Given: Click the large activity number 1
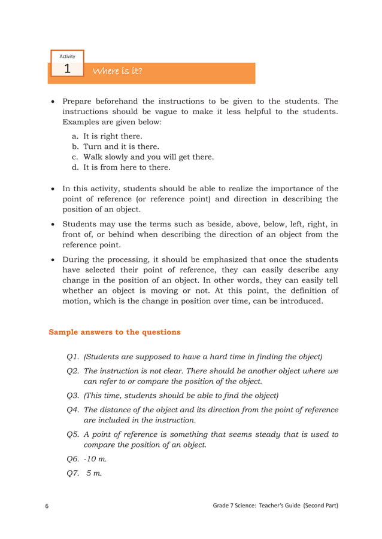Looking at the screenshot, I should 67,69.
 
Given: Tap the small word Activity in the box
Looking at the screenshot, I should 67,56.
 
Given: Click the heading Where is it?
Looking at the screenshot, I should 117,72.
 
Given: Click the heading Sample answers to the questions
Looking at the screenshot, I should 114,332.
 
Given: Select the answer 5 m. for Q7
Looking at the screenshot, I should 94,473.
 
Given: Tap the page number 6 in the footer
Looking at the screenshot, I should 47,507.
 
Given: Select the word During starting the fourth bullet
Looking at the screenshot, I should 77,260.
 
